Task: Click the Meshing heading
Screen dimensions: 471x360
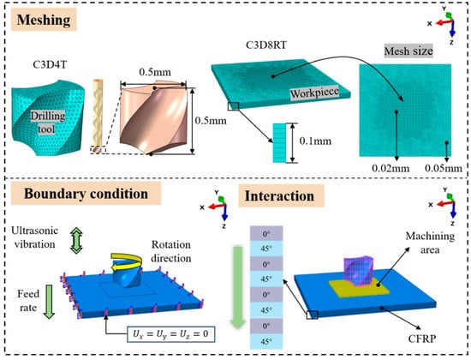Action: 44,20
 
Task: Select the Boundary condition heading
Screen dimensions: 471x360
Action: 86,194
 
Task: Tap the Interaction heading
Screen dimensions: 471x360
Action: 280,195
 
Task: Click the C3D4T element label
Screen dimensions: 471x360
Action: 50,64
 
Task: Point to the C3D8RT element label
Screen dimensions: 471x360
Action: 266,45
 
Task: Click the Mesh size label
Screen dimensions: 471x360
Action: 408,51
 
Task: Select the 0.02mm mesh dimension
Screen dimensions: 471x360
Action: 391,168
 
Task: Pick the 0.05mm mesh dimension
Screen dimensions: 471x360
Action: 444,168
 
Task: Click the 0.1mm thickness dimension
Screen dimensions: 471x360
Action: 315,141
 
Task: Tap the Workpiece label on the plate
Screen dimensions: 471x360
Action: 314,93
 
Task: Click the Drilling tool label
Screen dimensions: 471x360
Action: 47,123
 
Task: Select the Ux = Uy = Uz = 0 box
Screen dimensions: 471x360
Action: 170,333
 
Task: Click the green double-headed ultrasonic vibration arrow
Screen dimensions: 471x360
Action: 76,240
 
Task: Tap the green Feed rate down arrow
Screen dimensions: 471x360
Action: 49,302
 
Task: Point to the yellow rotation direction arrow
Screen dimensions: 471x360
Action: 127,261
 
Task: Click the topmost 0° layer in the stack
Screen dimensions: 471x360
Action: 266,234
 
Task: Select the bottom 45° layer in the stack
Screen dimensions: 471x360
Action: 266,342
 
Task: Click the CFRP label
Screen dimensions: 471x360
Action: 422,339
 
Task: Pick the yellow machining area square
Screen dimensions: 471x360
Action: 360,288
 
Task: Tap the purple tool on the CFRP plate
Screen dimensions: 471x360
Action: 359,271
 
